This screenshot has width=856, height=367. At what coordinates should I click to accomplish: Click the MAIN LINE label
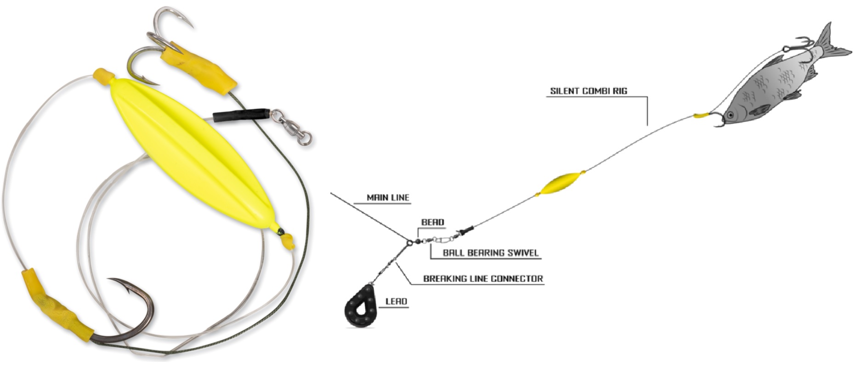click(388, 198)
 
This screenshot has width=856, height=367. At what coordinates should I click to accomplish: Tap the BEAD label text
click(433, 222)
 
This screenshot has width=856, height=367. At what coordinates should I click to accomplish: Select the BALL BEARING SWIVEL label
click(490, 253)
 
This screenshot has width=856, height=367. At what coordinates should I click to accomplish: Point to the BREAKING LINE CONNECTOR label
click(483, 278)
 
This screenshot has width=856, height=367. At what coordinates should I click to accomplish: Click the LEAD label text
click(396, 301)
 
